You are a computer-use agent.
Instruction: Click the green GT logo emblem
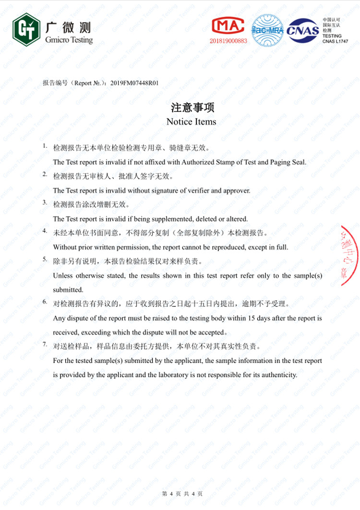click(x=26, y=30)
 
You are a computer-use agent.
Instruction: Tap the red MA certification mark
click(x=228, y=27)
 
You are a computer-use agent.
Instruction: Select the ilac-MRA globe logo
click(x=268, y=30)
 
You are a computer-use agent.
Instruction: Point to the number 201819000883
click(x=228, y=41)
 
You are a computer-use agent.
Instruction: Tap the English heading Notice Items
click(x=191, y=122)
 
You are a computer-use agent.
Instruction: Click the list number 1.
click(x=45, y=146)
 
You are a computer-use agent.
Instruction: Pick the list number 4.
click(x=45, y=231)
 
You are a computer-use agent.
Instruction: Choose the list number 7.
click(x=45, y=344)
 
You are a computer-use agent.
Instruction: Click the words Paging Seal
click(x=288, y=162)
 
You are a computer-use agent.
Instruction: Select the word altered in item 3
click(x=237, y=219)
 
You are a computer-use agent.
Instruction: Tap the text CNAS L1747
click(x=335, y=41)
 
